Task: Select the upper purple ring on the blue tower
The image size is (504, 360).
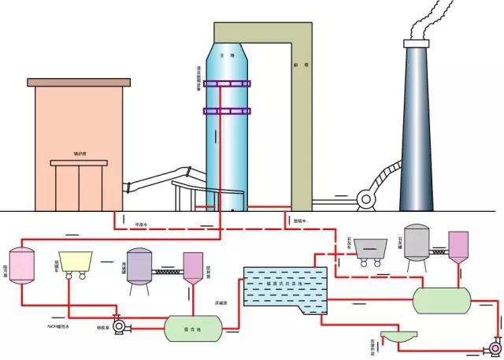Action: click(228, 84)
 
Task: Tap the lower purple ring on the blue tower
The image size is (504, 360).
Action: click(228, 110)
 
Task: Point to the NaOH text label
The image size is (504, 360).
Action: click(59, 324)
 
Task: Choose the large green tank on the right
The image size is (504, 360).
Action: click(441, 298)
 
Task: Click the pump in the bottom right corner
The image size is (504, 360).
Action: click(494, 345)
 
